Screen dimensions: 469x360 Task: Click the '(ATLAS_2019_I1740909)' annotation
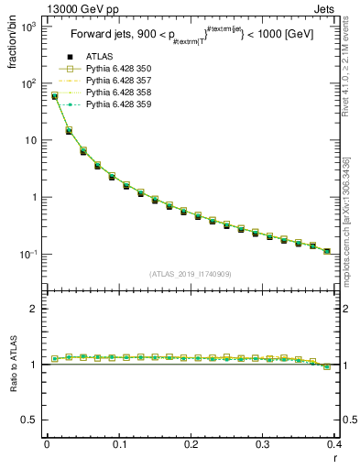[x=189, y=274]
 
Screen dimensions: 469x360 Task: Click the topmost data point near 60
[x=54, y=95]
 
